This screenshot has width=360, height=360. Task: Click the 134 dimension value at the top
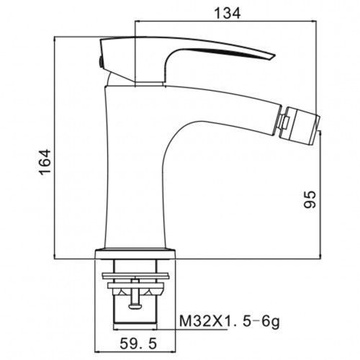[227, 13]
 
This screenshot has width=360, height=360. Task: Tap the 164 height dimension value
[45, 162]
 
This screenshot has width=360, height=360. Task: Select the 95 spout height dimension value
[310, 199]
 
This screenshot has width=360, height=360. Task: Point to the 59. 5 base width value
[138, 343]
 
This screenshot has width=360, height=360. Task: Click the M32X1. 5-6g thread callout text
[230, 321]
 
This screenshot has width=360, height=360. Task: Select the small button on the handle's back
[101, 62]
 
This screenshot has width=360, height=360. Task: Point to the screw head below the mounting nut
[135, 306]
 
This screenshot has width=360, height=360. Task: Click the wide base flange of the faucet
[135, 254]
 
